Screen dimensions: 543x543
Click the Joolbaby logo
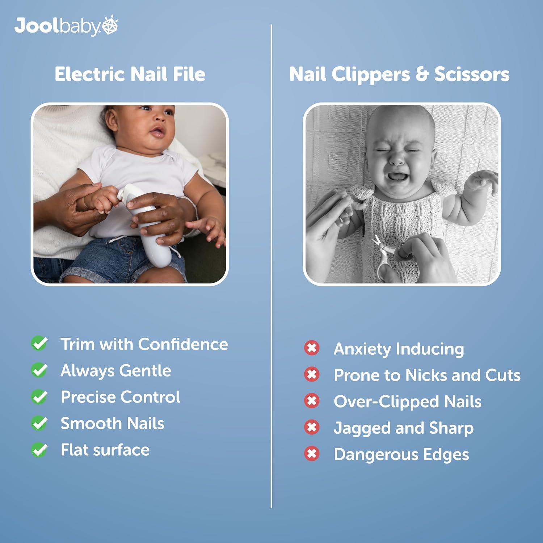(x=66, y=26)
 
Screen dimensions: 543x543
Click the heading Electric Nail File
(x=130, y=74)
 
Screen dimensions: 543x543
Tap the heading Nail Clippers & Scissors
(x=399, y=74)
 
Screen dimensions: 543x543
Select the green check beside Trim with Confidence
(x=39, y=344)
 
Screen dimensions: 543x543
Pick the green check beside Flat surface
(x=39, y=450)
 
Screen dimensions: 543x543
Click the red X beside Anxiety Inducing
(x=312, y=348)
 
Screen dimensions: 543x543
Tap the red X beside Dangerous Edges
(x=312, y=454)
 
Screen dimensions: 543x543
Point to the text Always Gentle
(x=116, y=371)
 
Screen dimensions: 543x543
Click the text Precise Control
(x=120, y=397)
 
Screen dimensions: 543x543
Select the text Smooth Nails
(x=112, y=424)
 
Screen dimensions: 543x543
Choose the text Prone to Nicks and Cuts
(x=427, y=375)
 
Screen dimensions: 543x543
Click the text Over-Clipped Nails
(x=408, y=401)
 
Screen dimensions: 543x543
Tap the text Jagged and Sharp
(x=404, y=428)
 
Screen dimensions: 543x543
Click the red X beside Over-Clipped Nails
(x=312, y=401)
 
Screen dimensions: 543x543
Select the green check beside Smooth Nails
(x=39, y=424)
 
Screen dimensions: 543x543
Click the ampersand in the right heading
(x=422, y=74)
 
